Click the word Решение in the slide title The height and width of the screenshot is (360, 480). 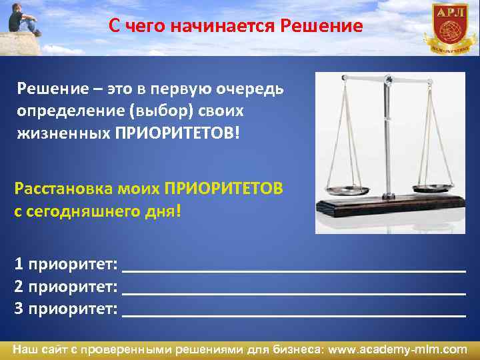coord(323,27)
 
